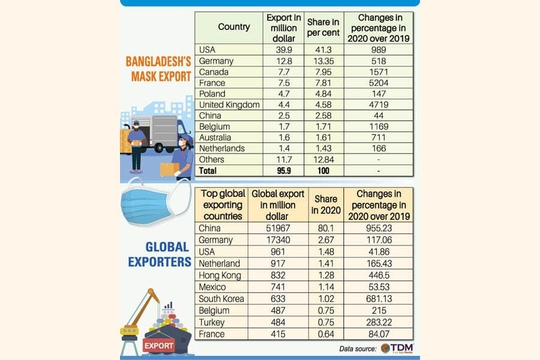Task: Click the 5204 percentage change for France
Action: (379, 83)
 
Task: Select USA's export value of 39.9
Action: (284, 50)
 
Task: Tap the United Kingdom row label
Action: (229, 105)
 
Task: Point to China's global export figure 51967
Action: (278, 228)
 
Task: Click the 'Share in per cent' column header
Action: (323, 27)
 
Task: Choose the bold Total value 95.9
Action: (284, 170)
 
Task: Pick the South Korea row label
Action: (221, 299)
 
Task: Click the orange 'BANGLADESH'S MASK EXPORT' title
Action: (158, 69)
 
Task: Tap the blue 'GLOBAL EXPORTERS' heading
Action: (160, 254)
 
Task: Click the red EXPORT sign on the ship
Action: (158, 346)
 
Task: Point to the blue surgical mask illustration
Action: (155, 203)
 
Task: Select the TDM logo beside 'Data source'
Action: (397, 348)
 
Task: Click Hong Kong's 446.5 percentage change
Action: (379, 275)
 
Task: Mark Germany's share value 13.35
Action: (323, 61)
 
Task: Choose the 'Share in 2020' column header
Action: (326, 205)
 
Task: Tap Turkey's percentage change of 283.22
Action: (379, 322)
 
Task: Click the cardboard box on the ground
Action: (169, 169)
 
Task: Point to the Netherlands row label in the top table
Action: (222, 148)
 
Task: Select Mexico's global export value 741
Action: (278, 287)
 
